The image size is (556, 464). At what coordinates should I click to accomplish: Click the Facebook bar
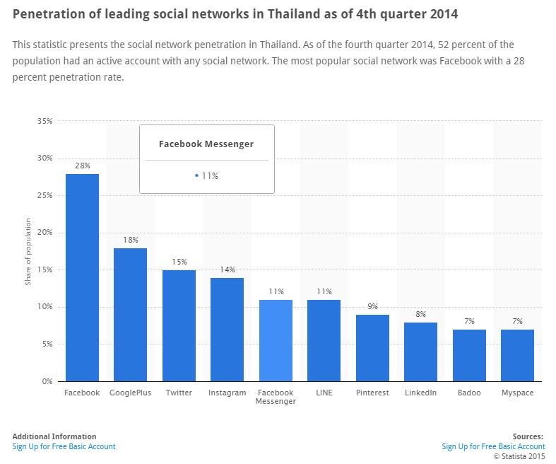click(82, 277)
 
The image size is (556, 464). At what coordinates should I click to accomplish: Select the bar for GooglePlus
click(130, 314)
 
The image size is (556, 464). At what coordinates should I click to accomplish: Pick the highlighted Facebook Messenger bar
click(276, 340)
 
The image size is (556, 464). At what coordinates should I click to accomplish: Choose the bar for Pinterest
click(372, 347)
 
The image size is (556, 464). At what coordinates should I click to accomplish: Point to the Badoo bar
click(469, 355)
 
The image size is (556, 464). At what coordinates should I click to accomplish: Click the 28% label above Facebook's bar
click(82, 166)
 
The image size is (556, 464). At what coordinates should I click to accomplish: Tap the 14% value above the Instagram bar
click(227, 269)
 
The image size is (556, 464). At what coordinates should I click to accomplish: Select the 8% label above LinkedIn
click(420, 314)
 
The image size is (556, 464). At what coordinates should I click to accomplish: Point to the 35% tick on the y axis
click(45, 121)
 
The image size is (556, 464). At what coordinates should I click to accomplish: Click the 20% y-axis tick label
click(45, 233)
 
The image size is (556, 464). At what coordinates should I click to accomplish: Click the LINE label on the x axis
click(324, 393)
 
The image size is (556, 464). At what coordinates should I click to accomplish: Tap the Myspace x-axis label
click(517, 393)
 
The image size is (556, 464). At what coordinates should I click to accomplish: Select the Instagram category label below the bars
click(227, 393)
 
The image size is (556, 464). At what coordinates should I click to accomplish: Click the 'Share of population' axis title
click(28, 257)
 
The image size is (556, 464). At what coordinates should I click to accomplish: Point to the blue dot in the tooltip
click(196, 176)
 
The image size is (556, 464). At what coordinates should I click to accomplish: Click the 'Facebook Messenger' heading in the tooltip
click(206, 144)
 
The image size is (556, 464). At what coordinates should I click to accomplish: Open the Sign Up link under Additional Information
click(64, 446)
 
